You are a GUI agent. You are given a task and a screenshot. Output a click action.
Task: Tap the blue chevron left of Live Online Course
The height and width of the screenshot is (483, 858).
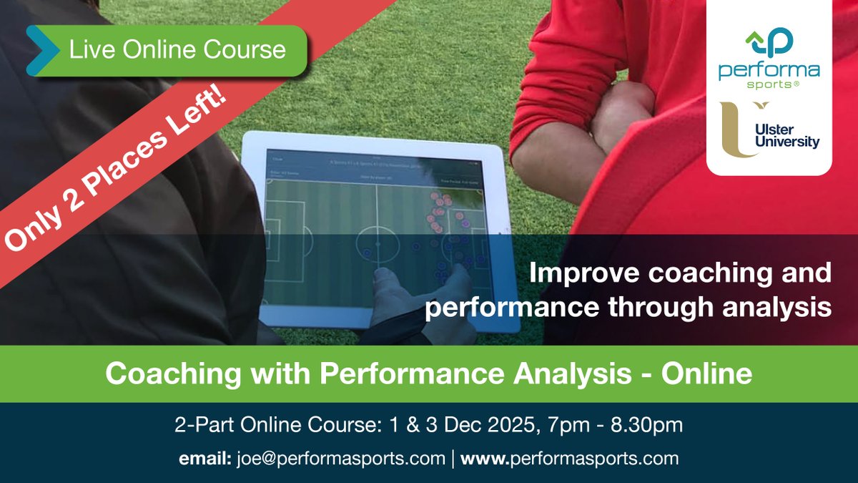[x=41, y=50]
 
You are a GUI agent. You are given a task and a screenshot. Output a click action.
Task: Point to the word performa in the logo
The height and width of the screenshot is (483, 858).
[x=769, y=72]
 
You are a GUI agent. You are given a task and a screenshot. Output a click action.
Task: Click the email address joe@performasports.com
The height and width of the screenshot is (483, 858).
[x=340, y=458]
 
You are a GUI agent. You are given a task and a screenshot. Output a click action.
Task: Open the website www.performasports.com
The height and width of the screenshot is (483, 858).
[x=569, y=458]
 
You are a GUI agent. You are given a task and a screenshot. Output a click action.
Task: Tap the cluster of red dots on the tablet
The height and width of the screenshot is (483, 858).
[x=438, y=207]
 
